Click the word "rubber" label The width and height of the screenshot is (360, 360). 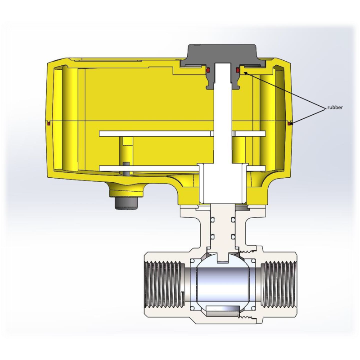(335, 108)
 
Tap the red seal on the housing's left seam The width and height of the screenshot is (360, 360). (49, 124)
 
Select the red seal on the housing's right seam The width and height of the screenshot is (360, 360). (289, 124)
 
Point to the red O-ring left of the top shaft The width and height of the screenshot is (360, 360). (208, 70)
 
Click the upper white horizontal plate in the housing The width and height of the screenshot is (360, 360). (183, 134)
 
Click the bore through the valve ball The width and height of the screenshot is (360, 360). (222, 285)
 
